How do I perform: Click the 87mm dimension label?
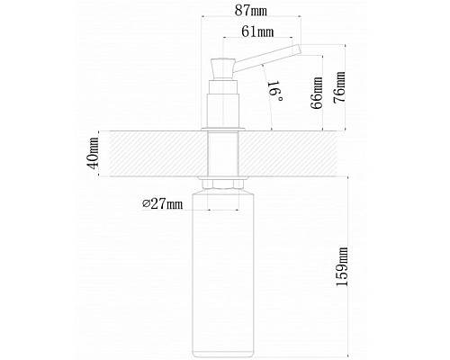tap(251, 11)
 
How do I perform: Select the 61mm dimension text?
tap(257, 31)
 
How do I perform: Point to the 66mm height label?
tap(317, 93)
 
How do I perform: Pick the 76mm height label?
tap(339, 87)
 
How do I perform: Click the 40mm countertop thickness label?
tap(94, 153)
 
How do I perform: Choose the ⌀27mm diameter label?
tap(162, 204)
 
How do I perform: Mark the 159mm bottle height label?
tap(342, 266)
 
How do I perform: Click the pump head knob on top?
tap(223, 68)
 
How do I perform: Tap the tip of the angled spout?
tap(299, 49)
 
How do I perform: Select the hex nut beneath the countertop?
tap(223, 184)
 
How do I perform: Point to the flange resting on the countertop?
tap(223, 130)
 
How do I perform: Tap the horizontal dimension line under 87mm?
tap(251, 17)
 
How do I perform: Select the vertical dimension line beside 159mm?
tap(348, 267)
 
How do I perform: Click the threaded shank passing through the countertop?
tap(223, 154)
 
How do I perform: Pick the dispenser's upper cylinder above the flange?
tap(223, 110)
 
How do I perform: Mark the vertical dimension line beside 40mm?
tap(99, 154)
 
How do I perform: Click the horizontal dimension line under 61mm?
tap(257, 38)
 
